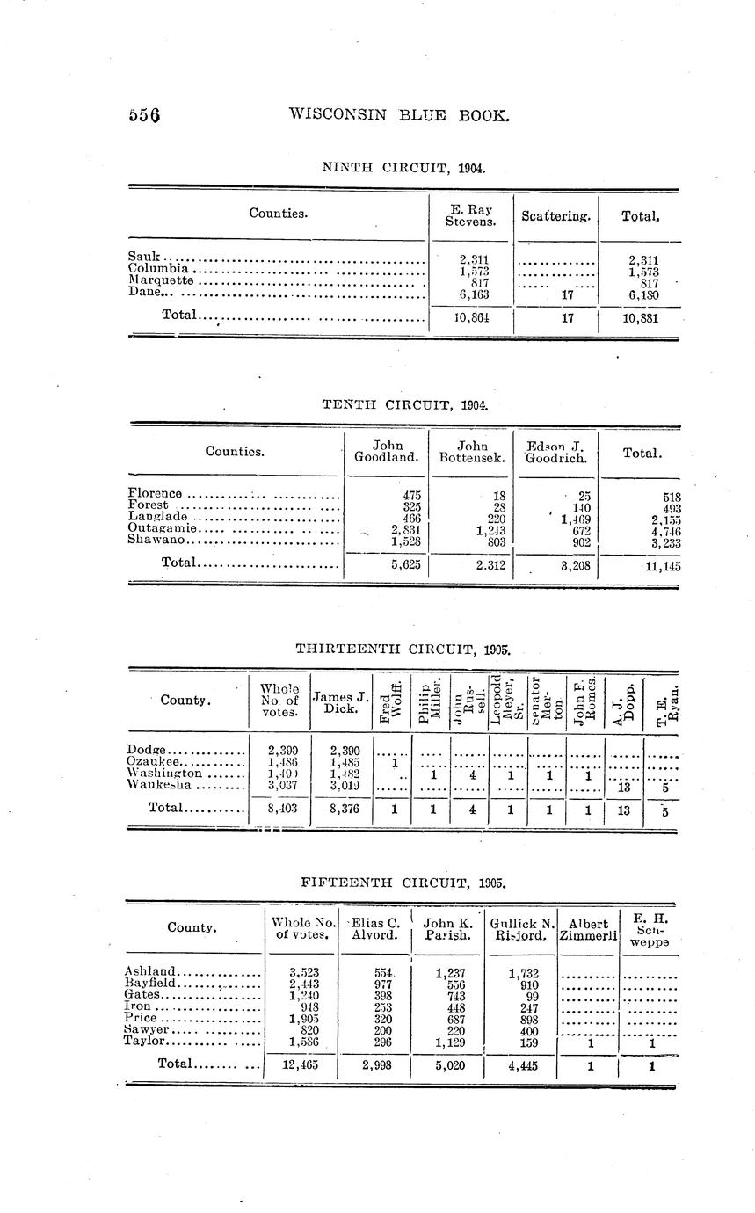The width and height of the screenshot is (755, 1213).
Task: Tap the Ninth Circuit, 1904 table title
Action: pos(403,167)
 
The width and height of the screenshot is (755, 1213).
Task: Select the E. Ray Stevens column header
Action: pos(468,215)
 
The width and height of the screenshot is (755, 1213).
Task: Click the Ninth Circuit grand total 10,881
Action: pos(639,318)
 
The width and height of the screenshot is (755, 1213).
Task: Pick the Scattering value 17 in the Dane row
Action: pos(566,295)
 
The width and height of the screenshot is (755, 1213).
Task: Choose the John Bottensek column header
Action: pos(472,452)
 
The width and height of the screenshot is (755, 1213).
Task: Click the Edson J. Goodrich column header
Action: pos(556,452)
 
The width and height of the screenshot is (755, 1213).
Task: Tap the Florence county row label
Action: pos(156,495)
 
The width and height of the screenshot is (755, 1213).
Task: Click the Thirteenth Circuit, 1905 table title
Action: pos(403,650)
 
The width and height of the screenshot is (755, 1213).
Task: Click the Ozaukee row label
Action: pos(154,761)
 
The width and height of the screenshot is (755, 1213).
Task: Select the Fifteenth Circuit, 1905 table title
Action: pos(403,881)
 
